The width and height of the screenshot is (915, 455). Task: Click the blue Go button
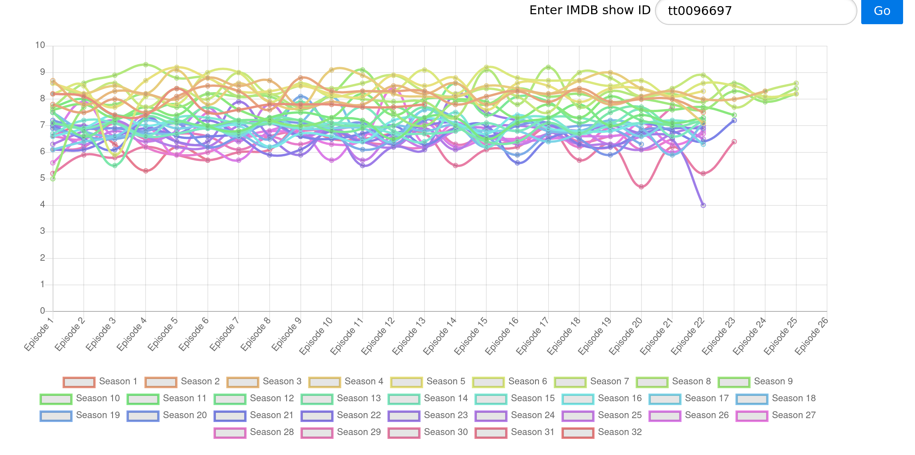tap(882, 11)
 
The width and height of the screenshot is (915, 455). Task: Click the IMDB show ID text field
tap(755, 11)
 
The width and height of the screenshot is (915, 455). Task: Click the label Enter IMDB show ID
tap(590, 10)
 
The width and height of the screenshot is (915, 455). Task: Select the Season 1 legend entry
tap(100, 382)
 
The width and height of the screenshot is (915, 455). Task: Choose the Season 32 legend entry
tap(602, 432)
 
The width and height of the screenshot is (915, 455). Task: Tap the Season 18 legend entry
tap(776, 399)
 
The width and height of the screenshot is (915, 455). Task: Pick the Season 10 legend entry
tap(80, 399)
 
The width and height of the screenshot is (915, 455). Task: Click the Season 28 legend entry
tap(254, 432)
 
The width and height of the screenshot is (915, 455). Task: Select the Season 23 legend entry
tap(428, 415)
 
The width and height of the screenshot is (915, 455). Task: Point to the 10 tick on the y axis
tap(40, 45)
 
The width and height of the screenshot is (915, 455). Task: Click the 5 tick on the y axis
tap(42, 178)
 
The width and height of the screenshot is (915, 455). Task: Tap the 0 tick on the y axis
tap(42, 311)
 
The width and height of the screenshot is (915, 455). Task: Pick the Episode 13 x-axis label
tap(409, 336)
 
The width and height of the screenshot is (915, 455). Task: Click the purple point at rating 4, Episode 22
tap(703, 205)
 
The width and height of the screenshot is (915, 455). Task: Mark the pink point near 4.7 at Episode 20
tap(641, 187)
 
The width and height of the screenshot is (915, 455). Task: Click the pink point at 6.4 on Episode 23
tap(734, 142)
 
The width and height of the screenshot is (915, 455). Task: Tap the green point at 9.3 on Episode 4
tap(146, 65)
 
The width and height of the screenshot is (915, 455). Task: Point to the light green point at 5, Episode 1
tap(53, 179)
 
